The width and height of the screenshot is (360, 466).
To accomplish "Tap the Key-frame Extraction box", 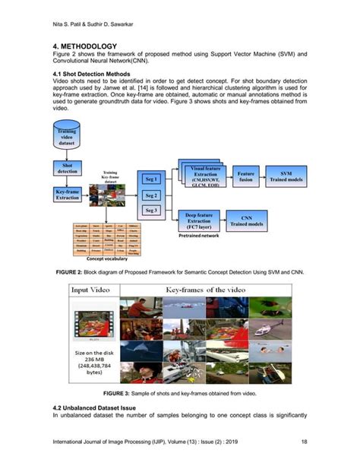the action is [x=67, y=194].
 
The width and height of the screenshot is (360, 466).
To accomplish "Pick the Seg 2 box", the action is [x=150, y=195].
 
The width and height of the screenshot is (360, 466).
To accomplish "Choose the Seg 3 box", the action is [x=150, y=211].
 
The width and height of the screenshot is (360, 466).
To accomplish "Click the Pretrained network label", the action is [x=199, y=236].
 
